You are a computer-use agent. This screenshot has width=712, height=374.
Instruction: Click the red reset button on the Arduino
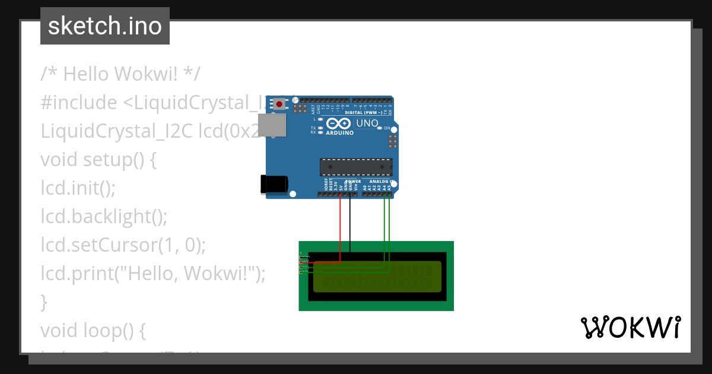click(x=279, y=104)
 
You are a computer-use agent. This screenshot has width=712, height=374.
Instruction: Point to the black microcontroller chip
click(x=356, y=167)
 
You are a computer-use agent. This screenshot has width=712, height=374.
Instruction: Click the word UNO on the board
click(x=367, y=123)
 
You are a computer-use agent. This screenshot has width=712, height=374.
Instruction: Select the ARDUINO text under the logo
click(x=339, y=133)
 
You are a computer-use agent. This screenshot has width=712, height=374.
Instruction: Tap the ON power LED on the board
click(x=379, y=128)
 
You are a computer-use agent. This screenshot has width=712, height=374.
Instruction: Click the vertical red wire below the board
click(x=340, y=229)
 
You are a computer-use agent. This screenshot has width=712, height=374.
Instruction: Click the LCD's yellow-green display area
click(x=377, y=277)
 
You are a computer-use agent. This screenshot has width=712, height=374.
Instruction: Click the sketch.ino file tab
click(x=105, y=26)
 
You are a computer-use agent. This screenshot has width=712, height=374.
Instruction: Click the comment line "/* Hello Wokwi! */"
click(x=120, y=74)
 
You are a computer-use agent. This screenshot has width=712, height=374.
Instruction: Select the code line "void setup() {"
click(x=98, y=160)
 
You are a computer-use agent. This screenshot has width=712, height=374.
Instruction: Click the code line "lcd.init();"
click(x=78, y=188)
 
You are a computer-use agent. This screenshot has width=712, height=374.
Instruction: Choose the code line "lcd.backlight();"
click(x=104, y=217)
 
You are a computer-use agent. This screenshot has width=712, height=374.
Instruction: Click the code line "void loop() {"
click(x=93, y=330)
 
